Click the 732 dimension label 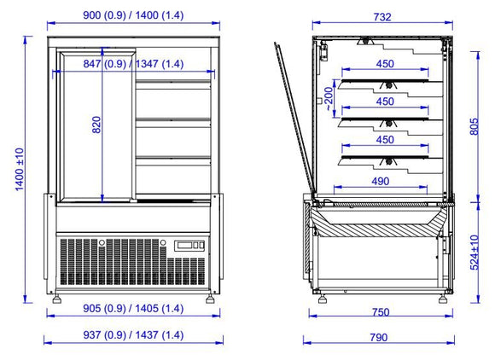point(382,17)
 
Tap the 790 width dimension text point(379,338)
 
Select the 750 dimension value point(381,312)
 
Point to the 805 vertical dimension point(475,126)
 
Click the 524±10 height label point(475,253)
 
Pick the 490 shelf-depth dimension point(381,181)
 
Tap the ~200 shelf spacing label point(329,98)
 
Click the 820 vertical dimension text point(96,125)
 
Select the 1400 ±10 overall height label point(20,170)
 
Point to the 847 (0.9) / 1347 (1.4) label point(133,64)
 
